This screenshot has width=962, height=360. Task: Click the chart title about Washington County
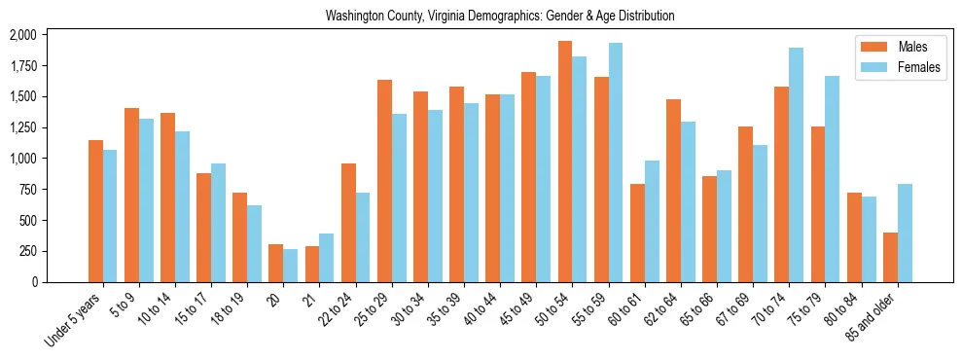tap(500, 17)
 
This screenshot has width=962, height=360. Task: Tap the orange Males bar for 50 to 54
tap(564, 162)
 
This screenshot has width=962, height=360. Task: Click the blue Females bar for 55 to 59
tap(615, 162)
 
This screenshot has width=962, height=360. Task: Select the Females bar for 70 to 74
tap(796, 164)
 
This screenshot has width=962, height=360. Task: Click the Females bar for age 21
tap(326, 258)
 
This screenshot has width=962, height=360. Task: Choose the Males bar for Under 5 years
tap(95, 211)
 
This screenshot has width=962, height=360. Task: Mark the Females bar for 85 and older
tap(905, 233)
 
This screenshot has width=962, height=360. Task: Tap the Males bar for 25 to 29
tap(384, 181)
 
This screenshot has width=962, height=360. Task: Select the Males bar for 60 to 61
tap(637, 233)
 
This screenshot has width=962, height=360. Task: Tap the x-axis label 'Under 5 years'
tap(74, 319)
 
